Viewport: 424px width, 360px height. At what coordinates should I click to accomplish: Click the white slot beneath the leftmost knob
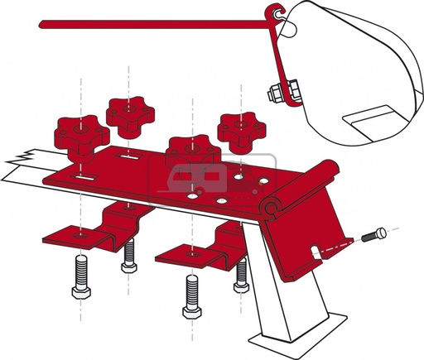point(83,175)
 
